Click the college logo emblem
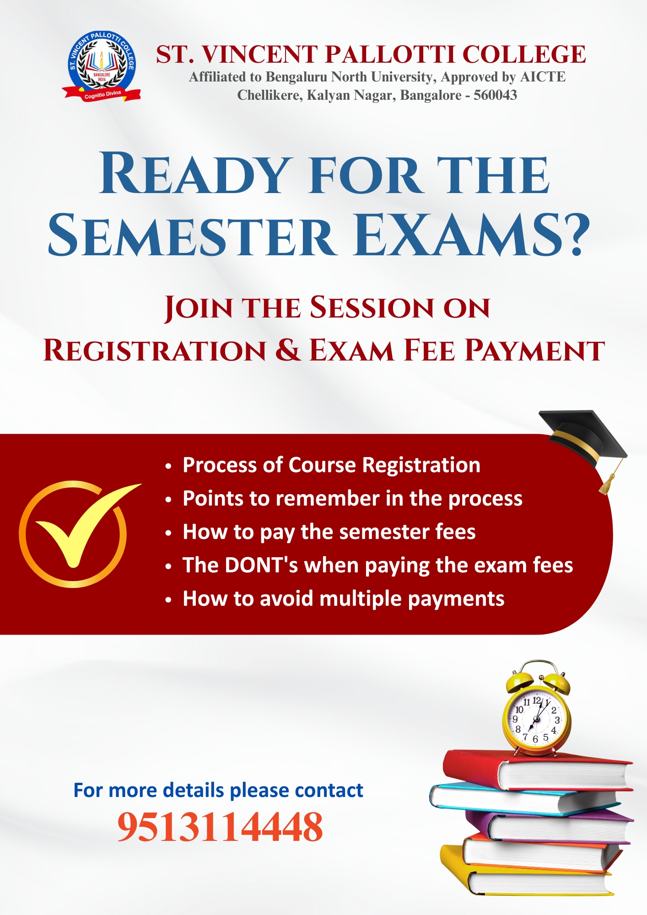102,66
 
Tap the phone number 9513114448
220,827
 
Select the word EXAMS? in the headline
472,235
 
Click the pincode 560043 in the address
495,95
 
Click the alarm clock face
536,720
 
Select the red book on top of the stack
538,770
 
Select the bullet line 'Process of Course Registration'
331,465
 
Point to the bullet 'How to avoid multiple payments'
343,599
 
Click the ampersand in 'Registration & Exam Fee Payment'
288,350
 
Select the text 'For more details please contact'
218,790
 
